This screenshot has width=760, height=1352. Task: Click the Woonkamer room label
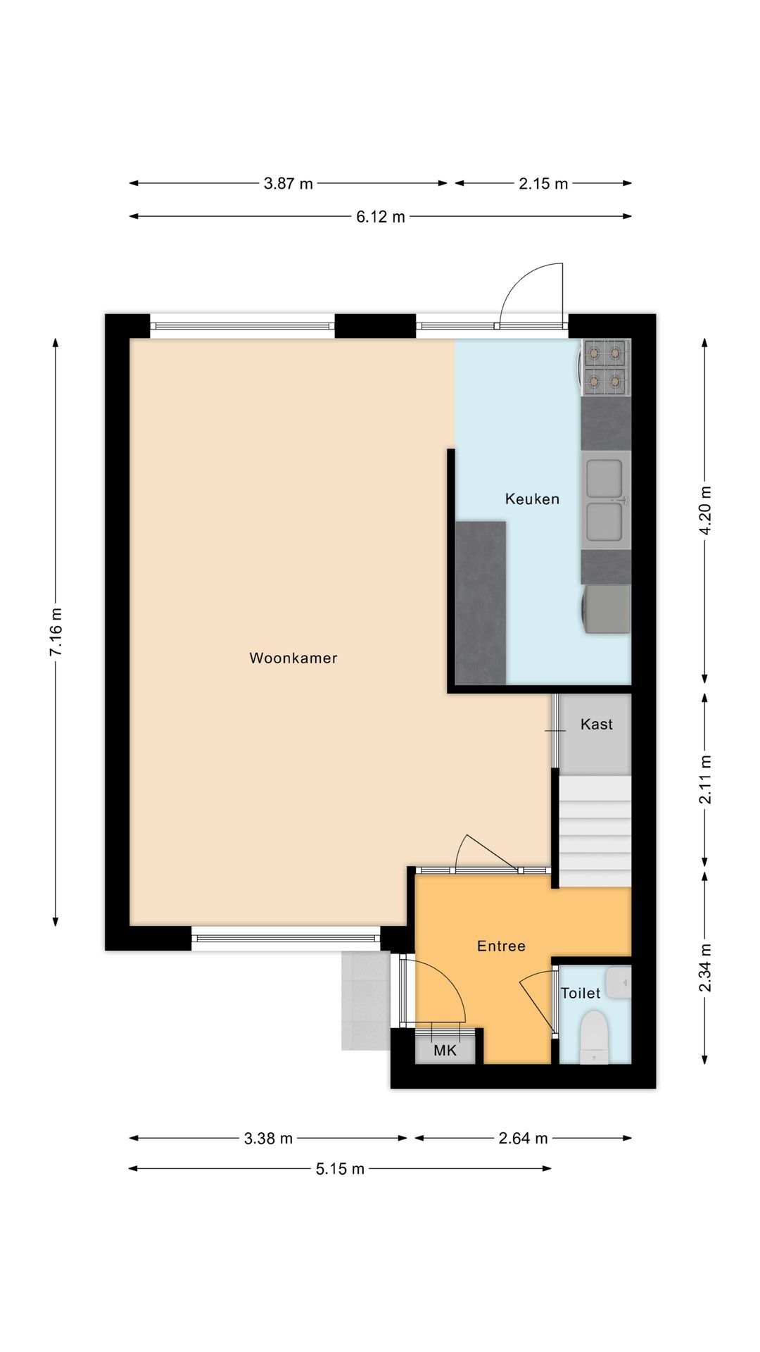click(x=293, y=658)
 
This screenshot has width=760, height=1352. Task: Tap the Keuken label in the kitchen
click(x=532, y=499)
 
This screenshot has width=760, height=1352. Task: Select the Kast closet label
click(x=596, y=725)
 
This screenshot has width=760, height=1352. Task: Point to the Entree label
click(x=501, y=946)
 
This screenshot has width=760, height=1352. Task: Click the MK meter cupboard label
click(x=445, y=1051)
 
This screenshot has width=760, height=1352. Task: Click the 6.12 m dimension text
click(x=380, y=217)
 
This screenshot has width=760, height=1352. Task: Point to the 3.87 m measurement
click(x=288, y=184)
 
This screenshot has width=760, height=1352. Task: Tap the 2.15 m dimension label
click(x=543, y=184)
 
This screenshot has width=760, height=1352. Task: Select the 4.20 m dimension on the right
click(x=705, y=510)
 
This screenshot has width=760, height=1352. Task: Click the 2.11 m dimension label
click(x=705, y=780)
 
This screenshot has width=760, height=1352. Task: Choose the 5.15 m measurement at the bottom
click(x=340, y=1170)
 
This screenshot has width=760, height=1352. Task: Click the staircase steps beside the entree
click(x=595, y=831)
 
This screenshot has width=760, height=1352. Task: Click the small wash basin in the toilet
click(x=619, y=983)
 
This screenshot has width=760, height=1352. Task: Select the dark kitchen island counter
click(x=481, y=602)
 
